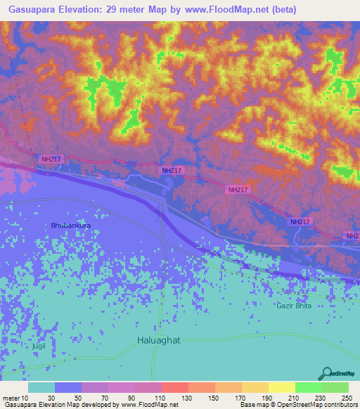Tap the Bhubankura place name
tap(71, 225)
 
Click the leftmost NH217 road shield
tap(51, 160)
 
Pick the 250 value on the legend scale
tap(347, 397)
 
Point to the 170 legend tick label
tap(240, 397)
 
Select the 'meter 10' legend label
tap(15, 397)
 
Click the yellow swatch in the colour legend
tap(281, 387)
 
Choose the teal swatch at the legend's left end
tap(41, 387)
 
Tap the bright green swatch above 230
tap(308, 387)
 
